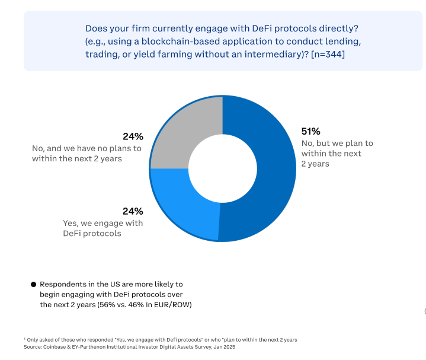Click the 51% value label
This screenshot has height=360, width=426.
tap(311, 132)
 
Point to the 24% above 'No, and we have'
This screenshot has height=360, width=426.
tap(132, 136)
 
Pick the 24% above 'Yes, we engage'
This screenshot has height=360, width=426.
tap(133, 211)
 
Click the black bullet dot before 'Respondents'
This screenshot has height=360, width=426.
tap(34, 285)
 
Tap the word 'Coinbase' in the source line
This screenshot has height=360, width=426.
tap(52, 347)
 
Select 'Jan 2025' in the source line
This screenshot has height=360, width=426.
tap(225, 347)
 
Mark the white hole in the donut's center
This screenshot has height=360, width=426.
tap(222, 168)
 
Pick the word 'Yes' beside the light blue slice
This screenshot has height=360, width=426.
tap(71, 223)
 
